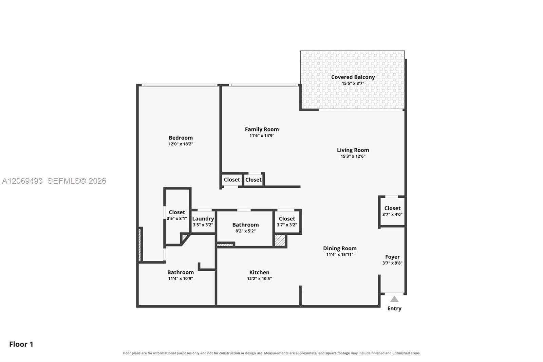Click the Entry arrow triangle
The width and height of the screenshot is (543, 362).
tap(394, 299)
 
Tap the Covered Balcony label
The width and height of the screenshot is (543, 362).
tap(353, 77)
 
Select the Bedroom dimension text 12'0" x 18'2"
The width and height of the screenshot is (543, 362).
tap(181, 144)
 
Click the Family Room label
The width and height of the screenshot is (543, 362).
tap(262, 129)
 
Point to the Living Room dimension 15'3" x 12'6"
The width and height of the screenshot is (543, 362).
tap(353, 156)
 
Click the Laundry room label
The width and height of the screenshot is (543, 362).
tap(203, 219)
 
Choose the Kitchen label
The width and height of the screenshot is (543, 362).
tap(259, 272)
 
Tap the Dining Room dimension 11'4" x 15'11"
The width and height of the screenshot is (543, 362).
tap(340, 254)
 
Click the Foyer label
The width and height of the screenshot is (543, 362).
tap(392, 257)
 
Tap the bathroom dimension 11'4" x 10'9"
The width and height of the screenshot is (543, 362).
tap(181, 278)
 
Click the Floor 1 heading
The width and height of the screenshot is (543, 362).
tap(21, 344)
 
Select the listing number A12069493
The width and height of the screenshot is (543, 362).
tap(22, 181)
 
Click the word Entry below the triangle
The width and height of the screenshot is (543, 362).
tap(394, 308)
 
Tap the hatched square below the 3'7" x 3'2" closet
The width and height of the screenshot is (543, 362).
tap(280, 240)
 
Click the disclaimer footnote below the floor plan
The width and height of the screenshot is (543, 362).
tap(271, 353)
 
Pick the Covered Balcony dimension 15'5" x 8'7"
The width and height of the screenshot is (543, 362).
tap(353, 83)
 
